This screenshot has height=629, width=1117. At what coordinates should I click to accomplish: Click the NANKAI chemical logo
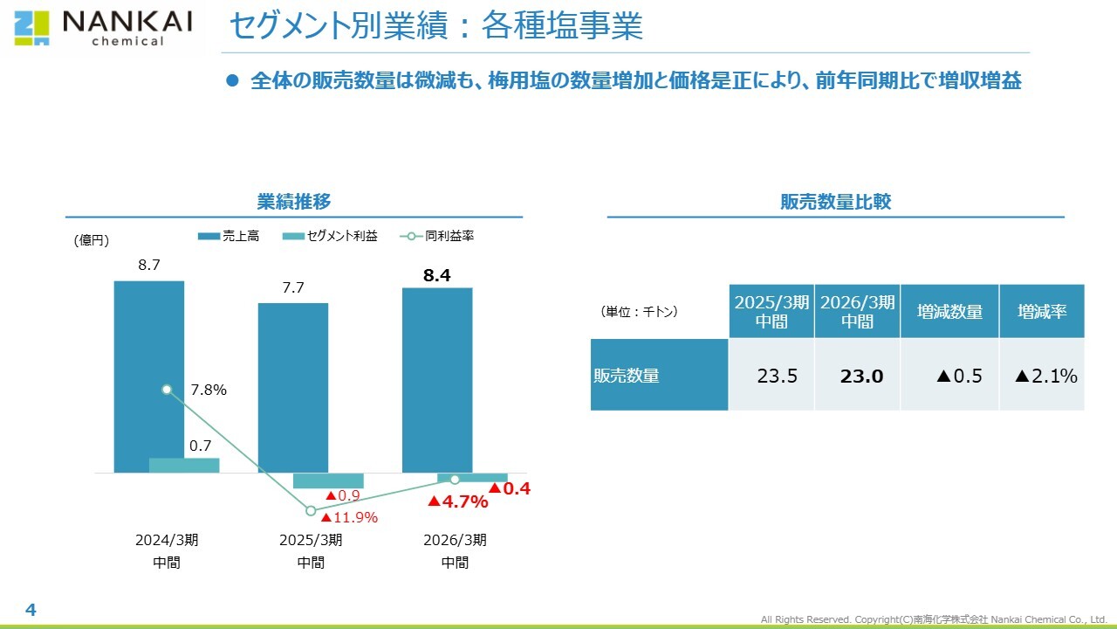click(x=103, y=28)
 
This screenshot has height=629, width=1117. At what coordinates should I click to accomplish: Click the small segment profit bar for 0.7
click(x=184, y=465)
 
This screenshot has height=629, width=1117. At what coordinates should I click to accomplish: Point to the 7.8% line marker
click(x=167, y=390)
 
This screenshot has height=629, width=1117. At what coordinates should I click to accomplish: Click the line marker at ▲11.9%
click(x=311, y=510)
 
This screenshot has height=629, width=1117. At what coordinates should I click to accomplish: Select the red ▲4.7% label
click(x=457, y=501)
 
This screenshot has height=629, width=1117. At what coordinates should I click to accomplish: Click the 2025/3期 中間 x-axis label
click(x=311, y=551)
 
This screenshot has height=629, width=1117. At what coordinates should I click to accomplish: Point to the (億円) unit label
click(x=92, y=241)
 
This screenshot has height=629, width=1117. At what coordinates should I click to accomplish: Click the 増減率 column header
click(x=1042, y=312)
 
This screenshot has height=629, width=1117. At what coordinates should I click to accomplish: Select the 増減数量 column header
click(x=949, y=312)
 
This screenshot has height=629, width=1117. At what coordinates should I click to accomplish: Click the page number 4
click(x=31, y=610)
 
